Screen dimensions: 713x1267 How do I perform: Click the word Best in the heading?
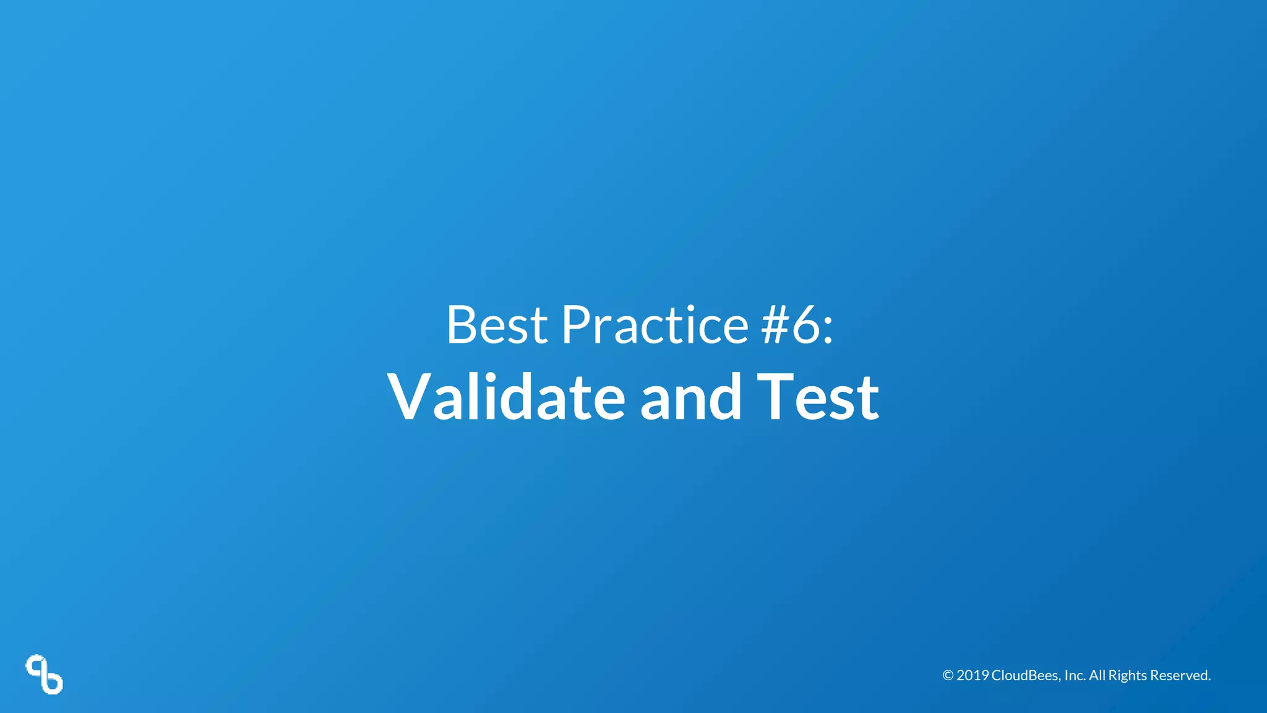pyautogui.click(x=496, y=324)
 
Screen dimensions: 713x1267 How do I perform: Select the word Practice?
pyautogui.click(x=655, y=324)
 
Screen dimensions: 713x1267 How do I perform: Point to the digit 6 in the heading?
pyautogui.click(x=806, y=326)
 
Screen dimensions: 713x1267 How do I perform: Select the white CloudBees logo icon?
pyautogui.click(x=45, y=674)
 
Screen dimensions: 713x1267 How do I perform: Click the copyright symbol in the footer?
pyautogui.click(x=948, y=675)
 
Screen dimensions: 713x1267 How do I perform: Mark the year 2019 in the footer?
pyautogui.click(x=973, y=675)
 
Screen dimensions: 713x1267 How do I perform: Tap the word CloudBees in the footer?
pyautogui.click(x=1025, y=675)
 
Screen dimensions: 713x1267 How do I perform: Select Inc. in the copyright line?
pyautogui.click(x=1075, y=675)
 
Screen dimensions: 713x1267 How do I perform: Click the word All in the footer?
pyautogui.click(x=1097, y=675)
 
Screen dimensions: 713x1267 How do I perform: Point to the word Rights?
pyautogui.click(x=1127, y=675)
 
